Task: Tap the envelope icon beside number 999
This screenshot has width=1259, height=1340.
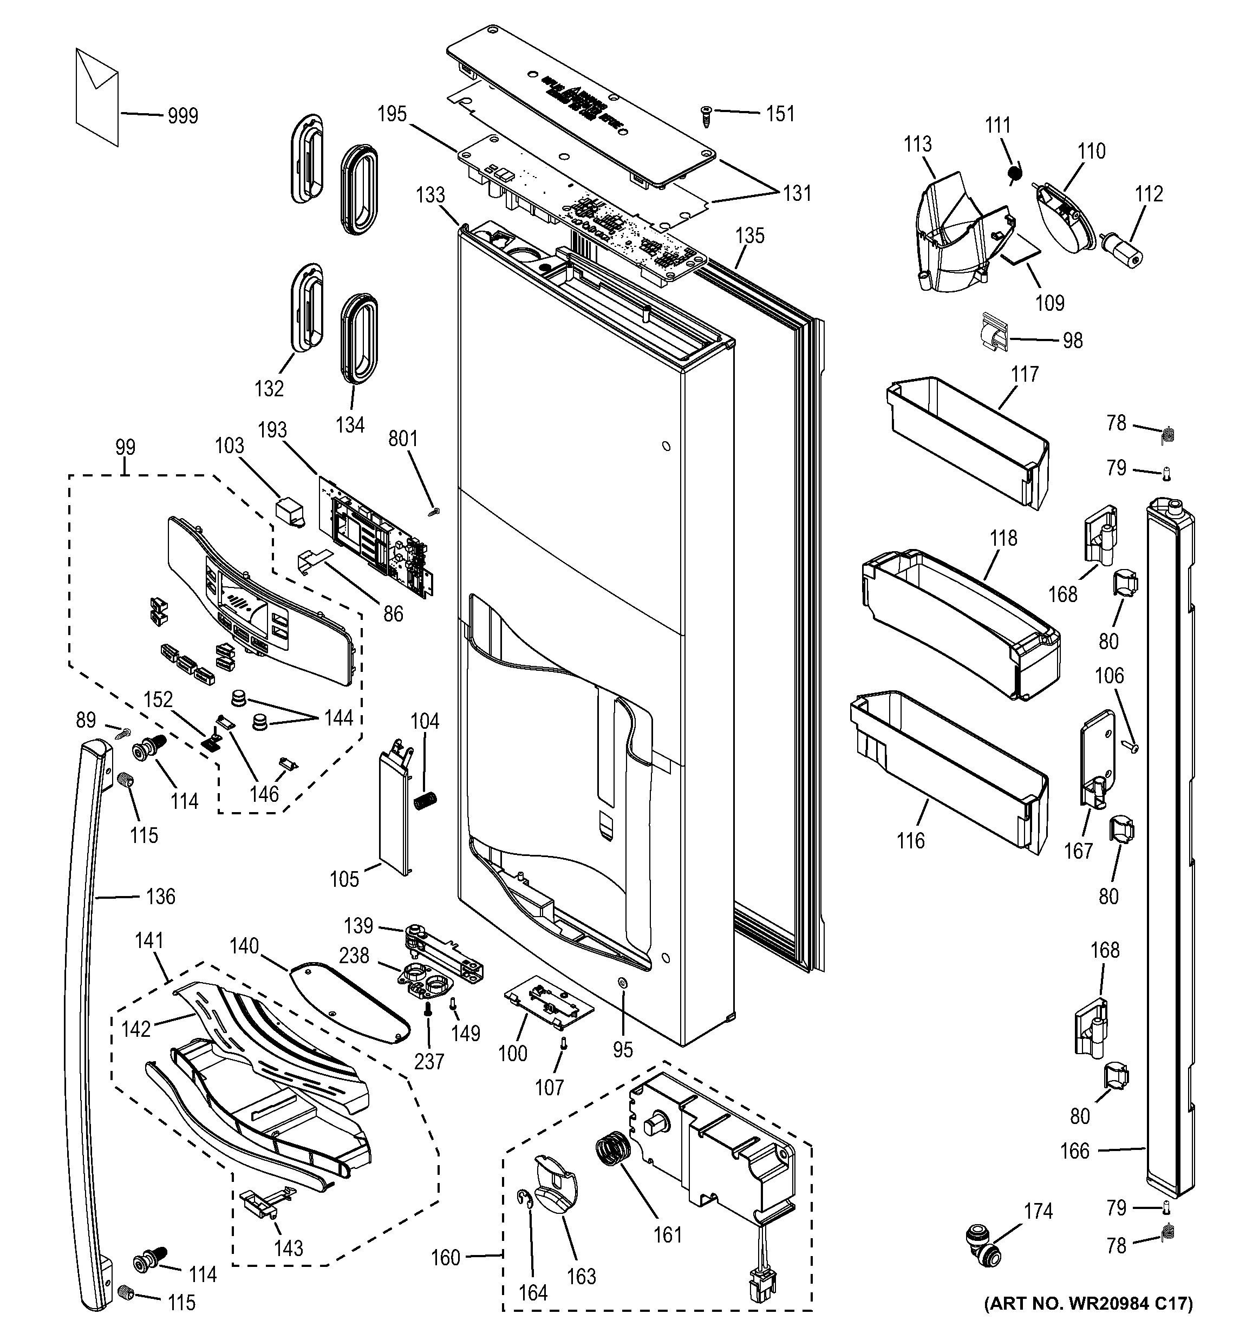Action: (97, 96)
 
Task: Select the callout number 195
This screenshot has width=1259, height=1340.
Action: (392, 114)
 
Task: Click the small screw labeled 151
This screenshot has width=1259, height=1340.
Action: (706, 116)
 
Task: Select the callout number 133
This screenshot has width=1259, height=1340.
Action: (430, 195)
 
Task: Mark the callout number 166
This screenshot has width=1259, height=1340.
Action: (1074, 1151)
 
